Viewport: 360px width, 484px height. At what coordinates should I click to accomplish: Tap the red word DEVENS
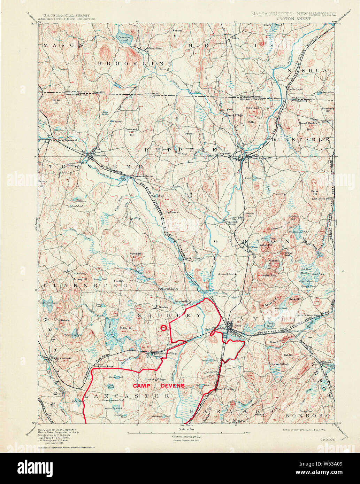point(173,386)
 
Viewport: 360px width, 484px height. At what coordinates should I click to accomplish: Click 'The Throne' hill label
point(171,212)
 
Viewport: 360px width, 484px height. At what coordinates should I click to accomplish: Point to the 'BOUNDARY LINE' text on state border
point(152,95)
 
